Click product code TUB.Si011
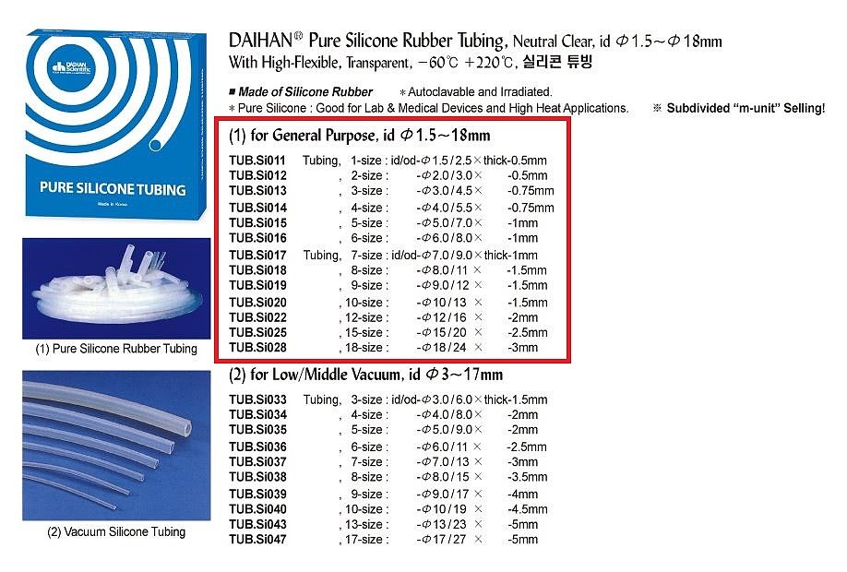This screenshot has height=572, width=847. [257, 161]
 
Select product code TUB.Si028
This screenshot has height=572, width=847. [257, 347]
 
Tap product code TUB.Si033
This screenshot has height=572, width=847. [257, 399]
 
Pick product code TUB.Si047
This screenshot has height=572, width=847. [257, 539]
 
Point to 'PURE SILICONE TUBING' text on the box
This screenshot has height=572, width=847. [113, 188]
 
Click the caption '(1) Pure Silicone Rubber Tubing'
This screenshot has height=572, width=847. [116, 349]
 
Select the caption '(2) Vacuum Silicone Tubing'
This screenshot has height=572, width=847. [116, 532]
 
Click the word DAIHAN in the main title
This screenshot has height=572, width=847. [261, 41]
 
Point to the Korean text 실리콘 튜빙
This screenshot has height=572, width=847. [557, 61]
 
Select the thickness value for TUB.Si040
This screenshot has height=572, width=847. [527, 509]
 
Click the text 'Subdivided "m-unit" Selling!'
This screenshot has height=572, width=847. [746, 108]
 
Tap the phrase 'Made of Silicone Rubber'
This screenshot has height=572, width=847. [305, 92]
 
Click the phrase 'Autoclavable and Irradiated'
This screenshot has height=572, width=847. [480, 92]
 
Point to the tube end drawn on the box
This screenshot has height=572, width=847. [156, 145]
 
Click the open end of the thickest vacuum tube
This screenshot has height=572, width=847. [187, 428]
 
